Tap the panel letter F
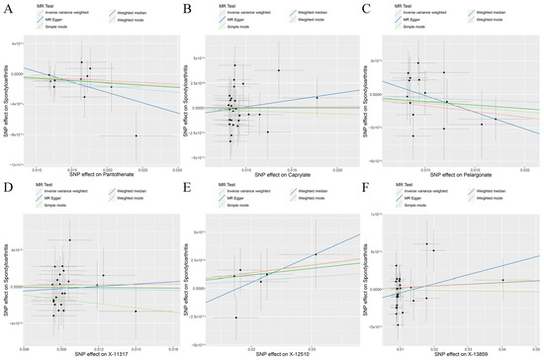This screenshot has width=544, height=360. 370,188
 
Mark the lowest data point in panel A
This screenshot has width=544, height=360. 136,135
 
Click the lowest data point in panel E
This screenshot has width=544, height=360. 235,317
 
